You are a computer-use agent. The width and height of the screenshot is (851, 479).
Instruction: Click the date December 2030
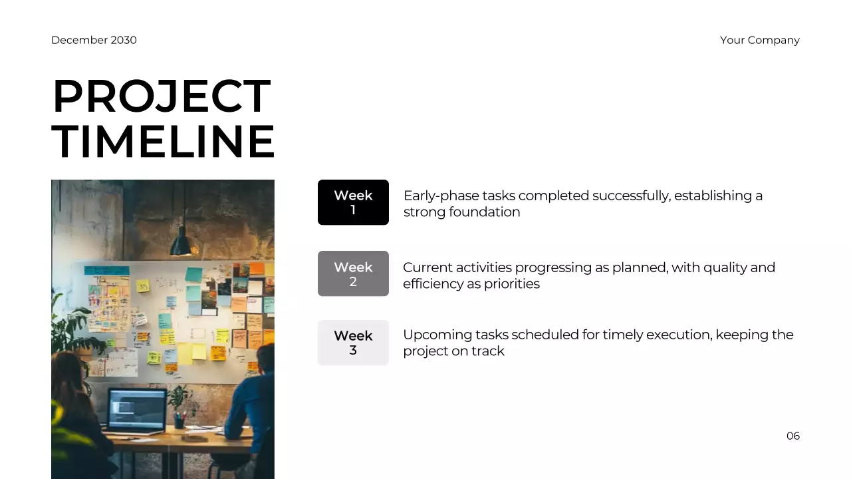tap(94, 40)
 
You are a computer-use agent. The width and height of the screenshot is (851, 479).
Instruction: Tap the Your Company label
tap(759, 40)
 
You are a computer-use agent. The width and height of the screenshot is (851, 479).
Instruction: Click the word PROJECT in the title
tap(162, 97)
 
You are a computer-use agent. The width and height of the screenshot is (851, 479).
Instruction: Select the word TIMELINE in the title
tap(163, 142)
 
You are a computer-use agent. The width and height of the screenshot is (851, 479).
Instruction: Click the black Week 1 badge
tap(353, 202)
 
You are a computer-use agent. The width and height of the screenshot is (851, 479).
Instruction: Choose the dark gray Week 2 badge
tap(353, 273)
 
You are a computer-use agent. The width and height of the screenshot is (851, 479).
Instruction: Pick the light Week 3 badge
tap(353, 343)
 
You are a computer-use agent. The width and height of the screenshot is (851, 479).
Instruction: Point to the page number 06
tap(792, 436)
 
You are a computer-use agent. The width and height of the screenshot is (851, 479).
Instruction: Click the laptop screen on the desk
tap(137, 409)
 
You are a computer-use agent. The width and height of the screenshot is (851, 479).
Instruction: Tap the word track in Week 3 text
tap(488, 351)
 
